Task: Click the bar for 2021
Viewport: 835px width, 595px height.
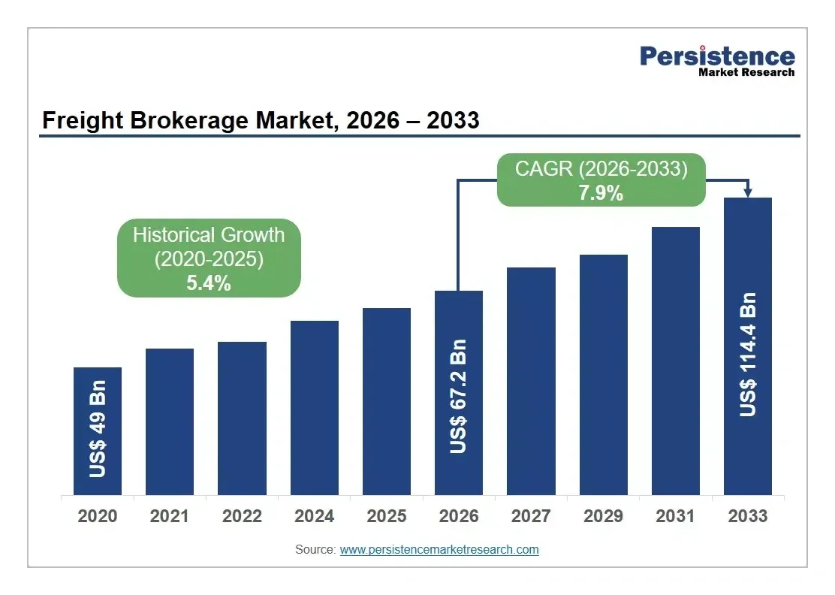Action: [170, 422]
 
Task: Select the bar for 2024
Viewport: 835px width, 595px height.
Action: [314, 408]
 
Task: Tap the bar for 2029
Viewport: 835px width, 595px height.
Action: [604, 375]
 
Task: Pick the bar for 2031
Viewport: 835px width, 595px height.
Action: [675, 361]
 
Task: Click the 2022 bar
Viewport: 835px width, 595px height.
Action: [242, 418]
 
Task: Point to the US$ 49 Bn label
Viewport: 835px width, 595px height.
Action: [98, 429]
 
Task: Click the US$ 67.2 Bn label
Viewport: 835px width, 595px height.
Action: [458, 397]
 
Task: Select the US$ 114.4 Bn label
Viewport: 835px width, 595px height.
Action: [748, 355]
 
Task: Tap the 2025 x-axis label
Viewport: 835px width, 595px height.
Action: [387, 516]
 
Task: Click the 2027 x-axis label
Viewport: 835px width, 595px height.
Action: [531, 516]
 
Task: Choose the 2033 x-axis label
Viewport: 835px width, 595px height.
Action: [748, 516]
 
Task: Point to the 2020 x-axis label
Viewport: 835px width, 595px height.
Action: [98, 516]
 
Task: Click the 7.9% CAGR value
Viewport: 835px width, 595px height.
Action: [601, 193]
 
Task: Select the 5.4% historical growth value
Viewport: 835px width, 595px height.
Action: [209, 283]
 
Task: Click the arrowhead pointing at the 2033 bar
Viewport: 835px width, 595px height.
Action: [748, 192]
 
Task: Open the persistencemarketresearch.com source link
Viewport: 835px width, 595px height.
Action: [439, 550]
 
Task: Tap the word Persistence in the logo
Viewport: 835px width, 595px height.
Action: [717, 56]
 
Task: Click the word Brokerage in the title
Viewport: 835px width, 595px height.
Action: [189, 120]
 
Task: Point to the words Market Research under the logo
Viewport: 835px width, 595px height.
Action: [746, 72]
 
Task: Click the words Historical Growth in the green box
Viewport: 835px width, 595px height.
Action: [209, 235]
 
